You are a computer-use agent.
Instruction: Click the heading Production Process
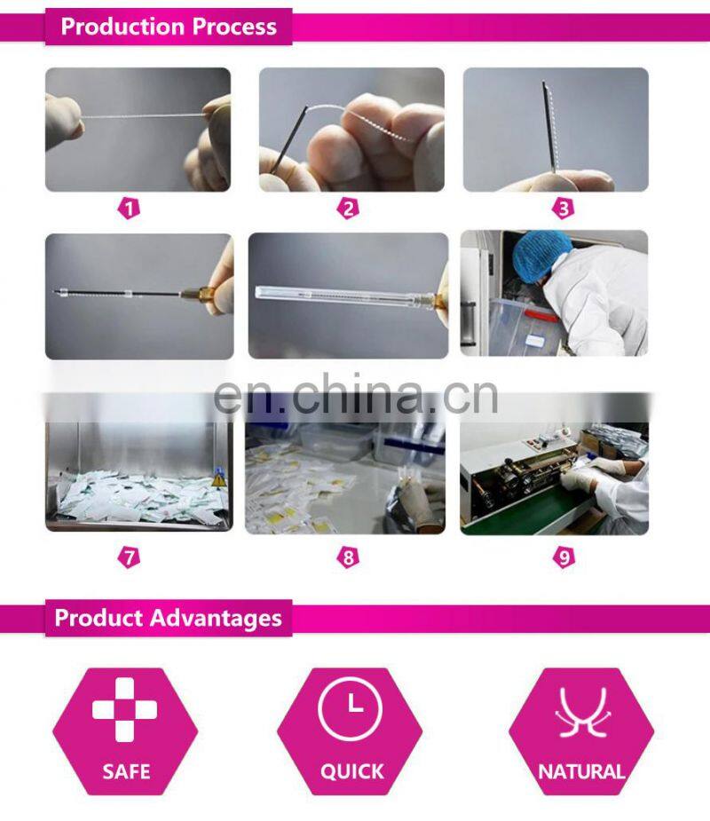(168, 26)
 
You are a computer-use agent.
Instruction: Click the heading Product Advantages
(168, 618)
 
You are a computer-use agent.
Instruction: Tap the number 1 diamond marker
(130, 209)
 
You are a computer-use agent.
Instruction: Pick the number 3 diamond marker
(563, 209)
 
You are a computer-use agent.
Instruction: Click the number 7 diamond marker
(130, 558)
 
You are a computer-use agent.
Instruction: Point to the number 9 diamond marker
(563, 558)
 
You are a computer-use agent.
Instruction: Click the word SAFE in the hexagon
(125, 770)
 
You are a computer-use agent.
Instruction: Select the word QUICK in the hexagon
(352, 771)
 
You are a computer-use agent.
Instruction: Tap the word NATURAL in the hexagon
(581, 771)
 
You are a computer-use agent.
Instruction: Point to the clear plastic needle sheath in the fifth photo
(337, 294)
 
